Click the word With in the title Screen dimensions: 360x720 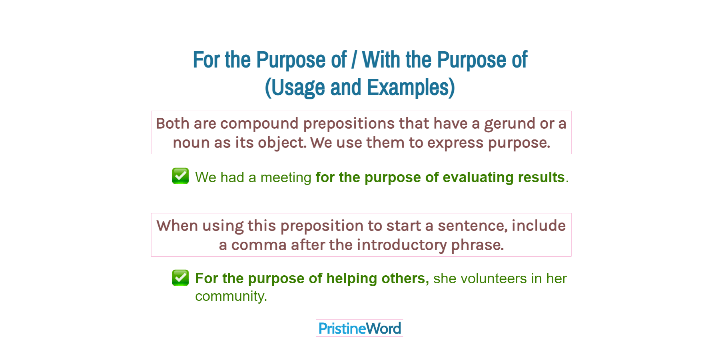coord(381,60)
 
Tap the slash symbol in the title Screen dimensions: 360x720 coord(354,60)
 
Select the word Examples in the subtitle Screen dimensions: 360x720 coord(411,88)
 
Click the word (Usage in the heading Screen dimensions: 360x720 coord(295,88)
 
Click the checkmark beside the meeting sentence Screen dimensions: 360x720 coord(180,176)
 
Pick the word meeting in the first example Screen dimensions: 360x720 coord(285,177)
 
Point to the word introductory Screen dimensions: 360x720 coord(401,245)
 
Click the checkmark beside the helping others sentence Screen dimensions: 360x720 coord(180,278)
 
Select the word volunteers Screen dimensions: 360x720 coord(493,278)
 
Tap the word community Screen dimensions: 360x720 coord(230,296)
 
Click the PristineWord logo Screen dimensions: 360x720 coord(359,328)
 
